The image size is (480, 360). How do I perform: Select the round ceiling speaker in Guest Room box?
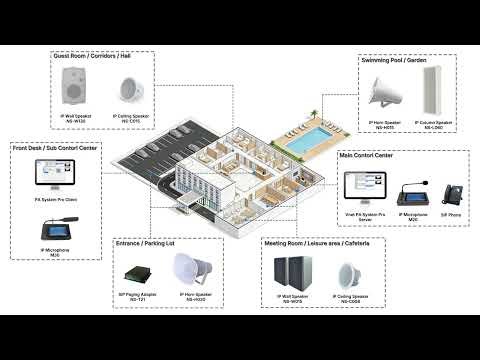click(126, 93)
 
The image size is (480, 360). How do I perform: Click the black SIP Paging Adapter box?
click(138, 271)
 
